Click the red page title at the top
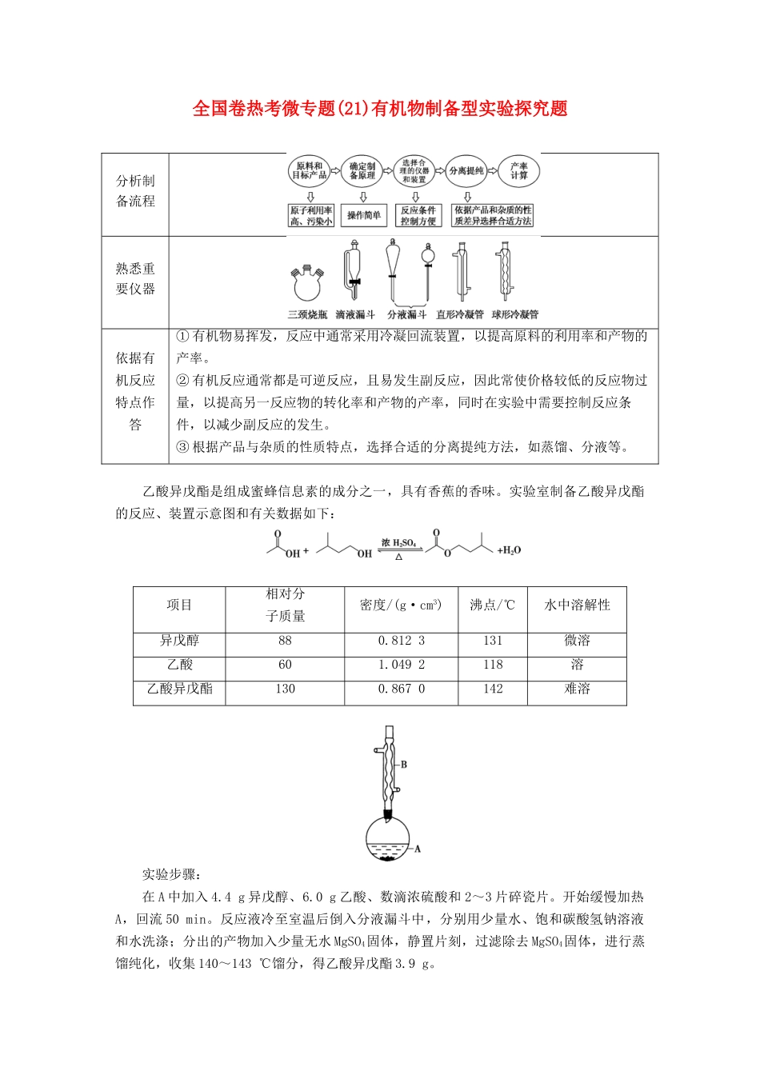380,109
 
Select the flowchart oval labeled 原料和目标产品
308,171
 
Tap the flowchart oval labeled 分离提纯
466,171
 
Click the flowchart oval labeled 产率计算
519,171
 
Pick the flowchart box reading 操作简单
363,215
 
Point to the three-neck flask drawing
308,282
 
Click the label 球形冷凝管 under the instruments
514,314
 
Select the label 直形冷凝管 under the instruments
460,314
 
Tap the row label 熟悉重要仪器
135,279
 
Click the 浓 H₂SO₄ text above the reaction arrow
398,543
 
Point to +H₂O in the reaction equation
509,550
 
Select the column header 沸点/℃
492,605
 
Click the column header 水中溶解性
577,605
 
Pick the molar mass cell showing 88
285,641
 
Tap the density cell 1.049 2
401,665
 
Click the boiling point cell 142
492,689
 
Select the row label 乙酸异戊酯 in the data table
179,689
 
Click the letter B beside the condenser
404,765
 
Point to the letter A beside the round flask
418,849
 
